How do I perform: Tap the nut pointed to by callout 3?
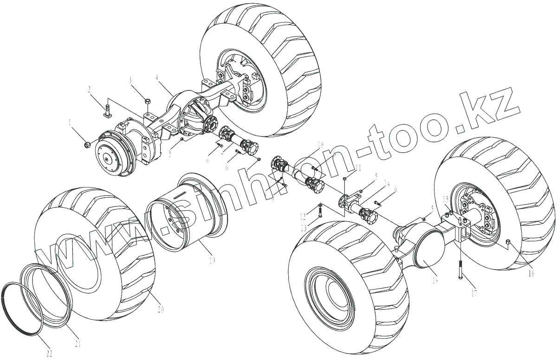click(x=147, y=101)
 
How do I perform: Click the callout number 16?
click(x=531, y=273)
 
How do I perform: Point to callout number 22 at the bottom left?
click(x=49, y=353)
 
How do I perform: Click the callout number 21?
click(x=78, y=344)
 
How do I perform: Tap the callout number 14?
click(x=387, y=183)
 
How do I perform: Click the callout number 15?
click(x=445, y=199)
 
